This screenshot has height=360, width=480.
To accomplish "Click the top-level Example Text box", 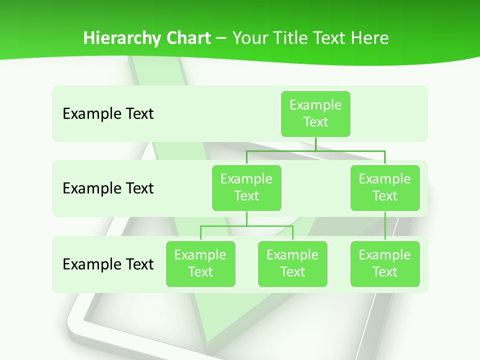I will pos(315,113).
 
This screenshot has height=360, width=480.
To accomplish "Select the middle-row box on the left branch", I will pos(246,187).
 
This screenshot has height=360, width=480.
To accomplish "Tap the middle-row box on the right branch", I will pos(385,187).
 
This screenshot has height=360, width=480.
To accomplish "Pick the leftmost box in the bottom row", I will pos(200,263).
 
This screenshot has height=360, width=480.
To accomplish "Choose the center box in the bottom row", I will pos(292,263).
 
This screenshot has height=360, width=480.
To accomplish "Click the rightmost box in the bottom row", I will pos(385,263).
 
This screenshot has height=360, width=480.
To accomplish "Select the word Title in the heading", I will pos(289,38).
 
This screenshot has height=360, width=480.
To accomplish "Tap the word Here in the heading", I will pos(369,38).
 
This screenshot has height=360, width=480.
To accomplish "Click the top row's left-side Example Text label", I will pos(108,114).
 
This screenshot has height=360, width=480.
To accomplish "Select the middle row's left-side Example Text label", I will pos(108,188).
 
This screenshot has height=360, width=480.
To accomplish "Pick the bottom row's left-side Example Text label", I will pos(108,264).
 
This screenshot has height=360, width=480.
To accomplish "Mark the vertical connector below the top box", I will pos(315,144).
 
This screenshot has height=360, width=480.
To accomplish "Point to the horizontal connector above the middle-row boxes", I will pos(315,150).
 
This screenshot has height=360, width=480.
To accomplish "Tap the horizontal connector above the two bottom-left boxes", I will pos(246,226).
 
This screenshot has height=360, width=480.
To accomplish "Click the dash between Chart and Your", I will pos(221,38).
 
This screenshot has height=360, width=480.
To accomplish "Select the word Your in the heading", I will pos(249,38).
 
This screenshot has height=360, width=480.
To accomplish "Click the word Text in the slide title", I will pos(330,38).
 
